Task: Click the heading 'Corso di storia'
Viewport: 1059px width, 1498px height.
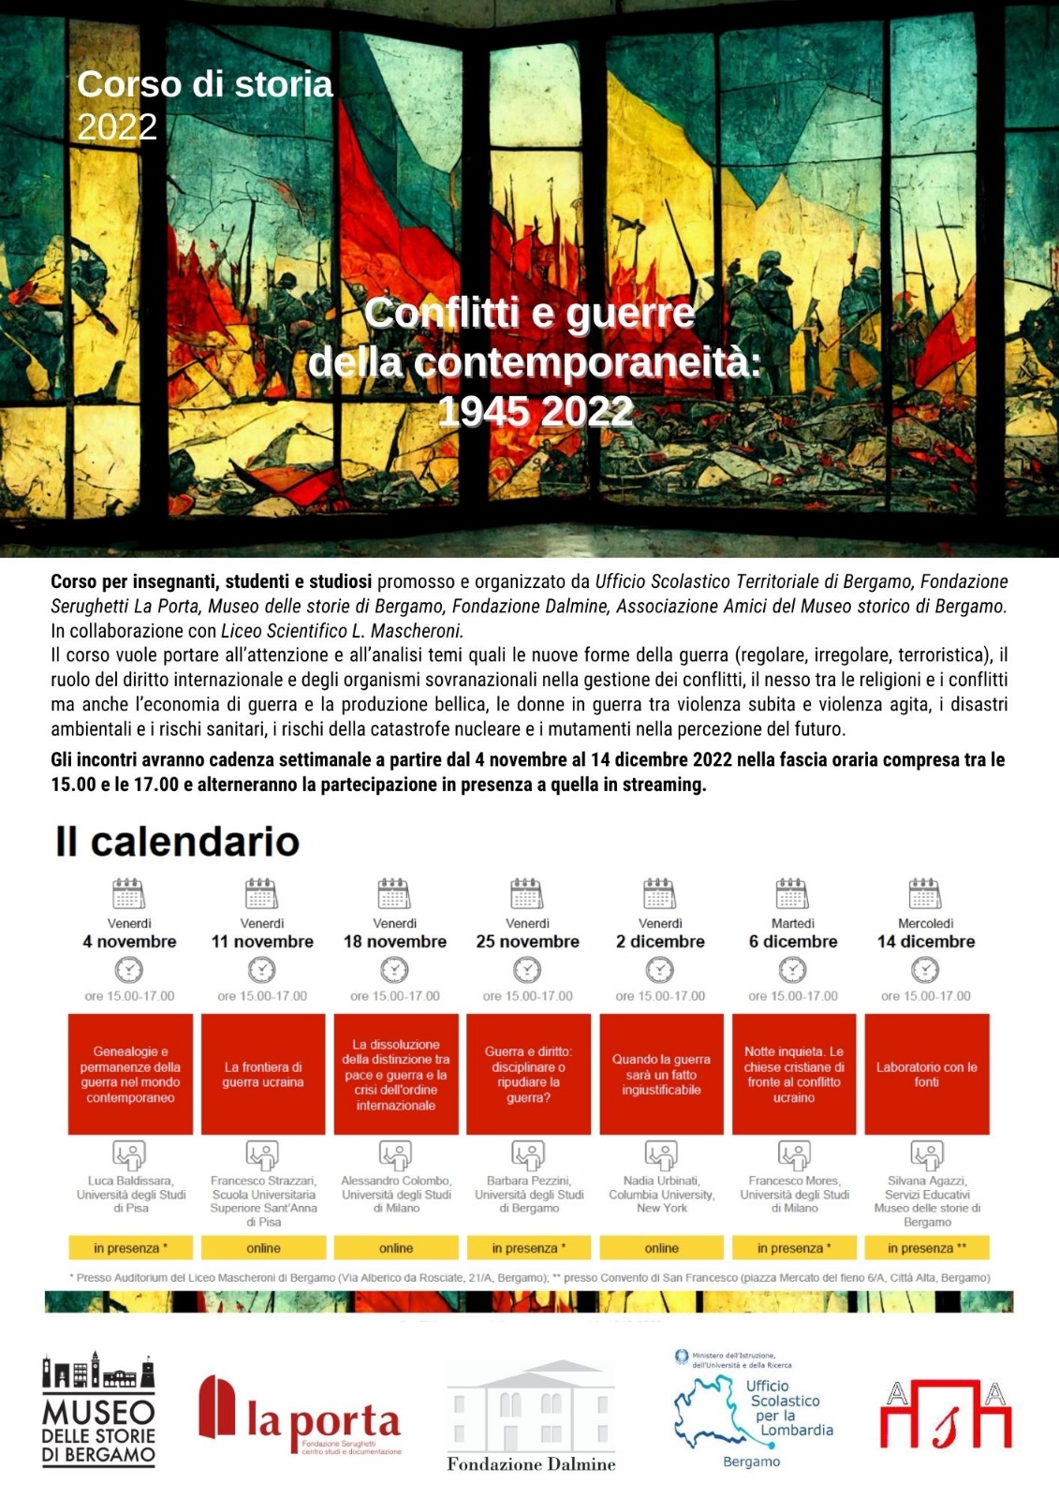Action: tap(205, 84)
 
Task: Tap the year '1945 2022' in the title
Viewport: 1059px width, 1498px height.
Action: tap(536, 412)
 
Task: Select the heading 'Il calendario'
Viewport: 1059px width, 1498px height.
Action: tap(177, 842)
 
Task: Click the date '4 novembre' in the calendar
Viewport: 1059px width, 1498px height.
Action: tap(129, 942)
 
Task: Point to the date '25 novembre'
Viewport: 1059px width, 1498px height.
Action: tap(527, 942)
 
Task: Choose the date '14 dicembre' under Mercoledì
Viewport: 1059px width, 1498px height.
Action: tap(925, 942)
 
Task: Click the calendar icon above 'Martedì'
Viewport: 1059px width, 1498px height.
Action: tap(792, 893)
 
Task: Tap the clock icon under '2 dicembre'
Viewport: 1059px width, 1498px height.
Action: tap(660, 969)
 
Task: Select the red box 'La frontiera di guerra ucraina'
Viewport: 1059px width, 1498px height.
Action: tap(263, 1074)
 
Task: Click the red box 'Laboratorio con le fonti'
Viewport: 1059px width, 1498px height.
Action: tap(926, 1074)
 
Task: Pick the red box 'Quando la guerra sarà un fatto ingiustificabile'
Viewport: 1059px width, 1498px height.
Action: tap(661, 1074)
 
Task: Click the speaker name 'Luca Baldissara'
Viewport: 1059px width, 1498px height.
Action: tap(130, 1181)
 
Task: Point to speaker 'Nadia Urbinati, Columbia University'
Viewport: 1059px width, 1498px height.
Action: tap(661, 1187)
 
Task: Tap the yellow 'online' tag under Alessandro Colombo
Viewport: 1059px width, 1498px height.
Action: tap(396, 1248)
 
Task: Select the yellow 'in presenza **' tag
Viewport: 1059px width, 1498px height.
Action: tap(926, 1248)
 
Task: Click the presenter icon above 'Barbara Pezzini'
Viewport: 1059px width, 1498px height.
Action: tap(527, 1153)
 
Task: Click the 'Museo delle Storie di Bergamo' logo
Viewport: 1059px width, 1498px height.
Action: tap(98, 1409)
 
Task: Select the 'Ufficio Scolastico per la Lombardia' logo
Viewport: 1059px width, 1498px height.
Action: tap(754, 1409)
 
